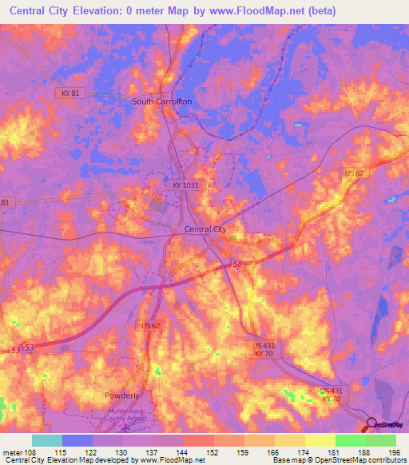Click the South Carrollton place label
click(x=162, y=101)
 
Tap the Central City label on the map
click(x=205, y=229)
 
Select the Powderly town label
click(x=122, y=395)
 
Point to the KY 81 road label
click(x=70, y=93)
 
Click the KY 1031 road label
click(x=185, y=185)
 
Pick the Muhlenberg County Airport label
click(x=122, y=414)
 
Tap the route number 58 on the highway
click(x=238, y=264)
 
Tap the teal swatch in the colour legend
click(x=46, y=440)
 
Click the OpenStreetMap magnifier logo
click(x=371, y=424)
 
